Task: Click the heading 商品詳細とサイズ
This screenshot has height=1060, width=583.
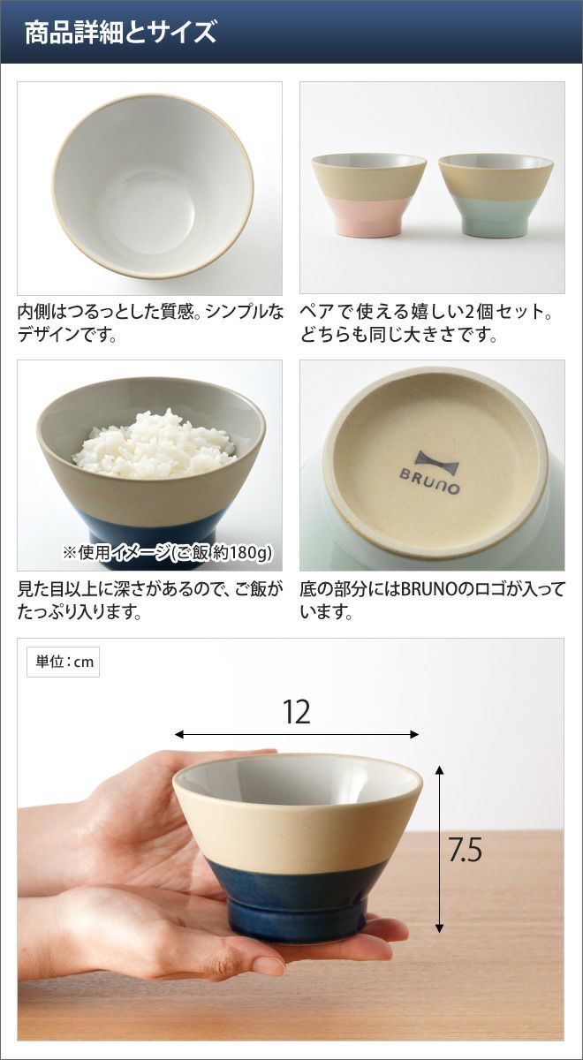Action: click(x=121, y=32)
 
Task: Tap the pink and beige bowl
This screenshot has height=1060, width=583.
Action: click(x=369, y=195)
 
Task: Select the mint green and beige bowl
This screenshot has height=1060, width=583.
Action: click(x=496, y=195)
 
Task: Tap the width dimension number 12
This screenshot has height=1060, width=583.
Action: click(x=296, y=711)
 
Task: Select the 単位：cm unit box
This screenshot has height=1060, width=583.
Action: click(x=63, y=662)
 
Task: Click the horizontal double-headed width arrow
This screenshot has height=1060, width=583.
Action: click(x=297, y=734)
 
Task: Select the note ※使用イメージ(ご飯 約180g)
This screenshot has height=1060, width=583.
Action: click(x=168, y=552)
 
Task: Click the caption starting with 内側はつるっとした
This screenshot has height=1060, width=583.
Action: click(x=150, y=323)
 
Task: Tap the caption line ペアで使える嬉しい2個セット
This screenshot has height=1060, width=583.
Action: click(x=426, y=313)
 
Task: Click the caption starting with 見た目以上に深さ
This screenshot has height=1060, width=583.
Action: click(x=150, y=602)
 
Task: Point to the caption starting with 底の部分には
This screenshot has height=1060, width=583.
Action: click(x=433, y=602)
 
